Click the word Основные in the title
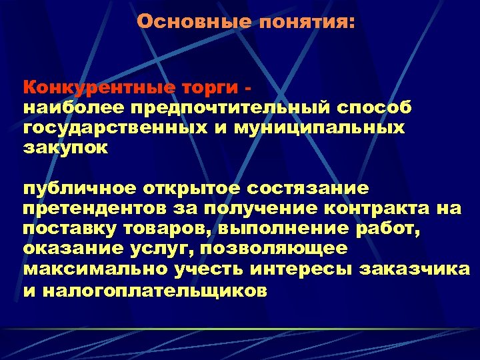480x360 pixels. [x=193, y=22]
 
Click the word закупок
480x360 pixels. [x=64, y=147]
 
